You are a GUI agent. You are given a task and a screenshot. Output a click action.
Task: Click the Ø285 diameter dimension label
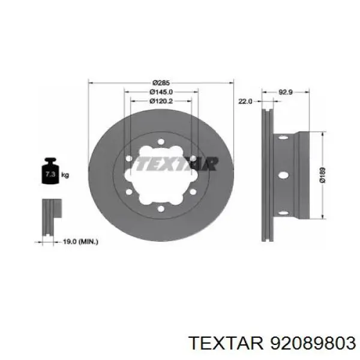160,82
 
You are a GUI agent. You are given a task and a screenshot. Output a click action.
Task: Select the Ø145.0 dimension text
160,92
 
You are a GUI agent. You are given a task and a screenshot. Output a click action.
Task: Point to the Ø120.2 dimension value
160,101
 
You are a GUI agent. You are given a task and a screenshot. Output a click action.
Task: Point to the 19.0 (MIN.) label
81,241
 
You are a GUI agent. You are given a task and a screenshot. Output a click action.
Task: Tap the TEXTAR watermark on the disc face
174,163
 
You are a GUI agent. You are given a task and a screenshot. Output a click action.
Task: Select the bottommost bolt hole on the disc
161,208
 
